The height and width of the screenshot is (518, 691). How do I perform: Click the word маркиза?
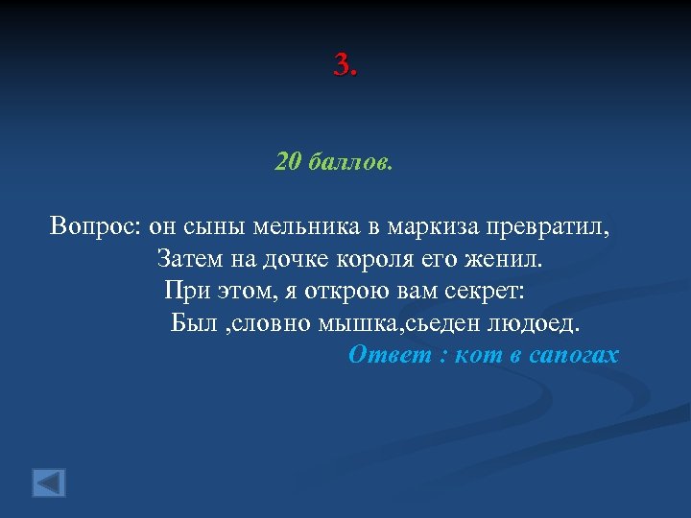[435, 227]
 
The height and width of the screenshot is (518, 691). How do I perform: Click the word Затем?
[187, 259]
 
